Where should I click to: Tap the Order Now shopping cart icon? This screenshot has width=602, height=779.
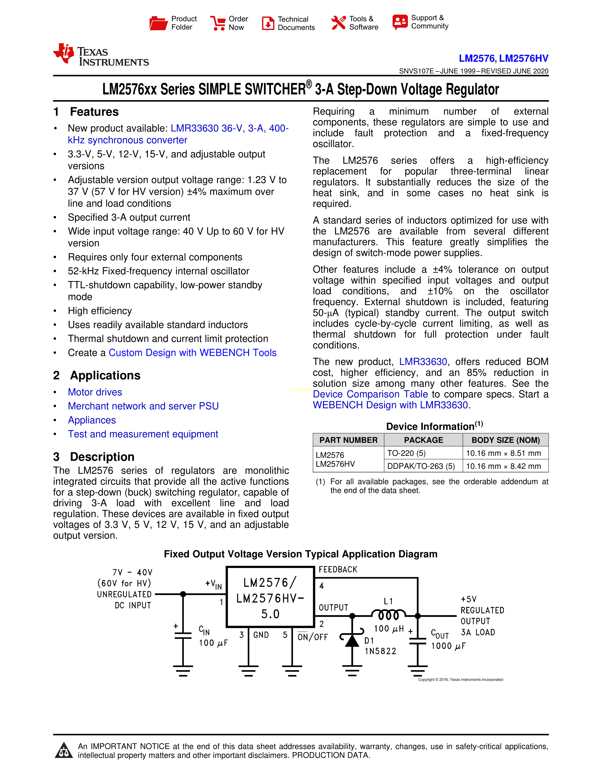(218, 23)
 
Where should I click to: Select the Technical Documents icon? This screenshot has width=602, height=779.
(268, 23)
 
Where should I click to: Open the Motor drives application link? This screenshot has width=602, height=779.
(95, 392)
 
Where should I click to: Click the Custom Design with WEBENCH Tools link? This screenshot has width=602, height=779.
(193, 352)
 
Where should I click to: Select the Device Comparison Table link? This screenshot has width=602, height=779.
(370, 394)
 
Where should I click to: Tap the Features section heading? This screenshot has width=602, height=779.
(94, 112)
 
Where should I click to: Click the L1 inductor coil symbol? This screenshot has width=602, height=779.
(388, 614)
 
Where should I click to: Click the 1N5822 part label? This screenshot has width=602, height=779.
(380, 651)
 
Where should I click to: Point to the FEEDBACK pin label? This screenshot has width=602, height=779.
(338, 569)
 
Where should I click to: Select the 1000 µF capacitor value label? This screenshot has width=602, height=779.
(448, 646)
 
